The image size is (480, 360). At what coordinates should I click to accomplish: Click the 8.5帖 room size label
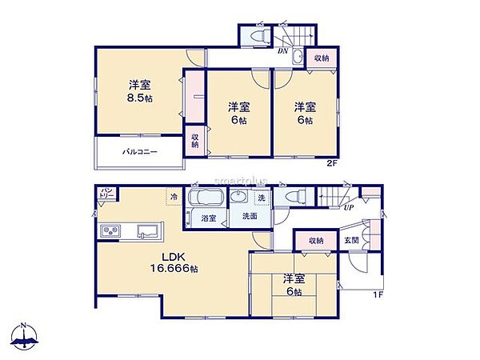[x=142, y=98]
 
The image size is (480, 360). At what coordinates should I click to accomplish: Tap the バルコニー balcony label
[x=139, y=151]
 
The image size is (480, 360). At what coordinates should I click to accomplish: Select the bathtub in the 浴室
[x=207, y=198]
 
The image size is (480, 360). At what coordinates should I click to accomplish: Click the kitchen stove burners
[x=110, y=232]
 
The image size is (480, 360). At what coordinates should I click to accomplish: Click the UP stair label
[x=348, y=208]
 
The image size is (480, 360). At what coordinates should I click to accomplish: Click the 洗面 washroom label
[x=250, y=217]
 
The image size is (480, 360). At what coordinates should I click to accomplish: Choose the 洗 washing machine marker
[x=261, y=198]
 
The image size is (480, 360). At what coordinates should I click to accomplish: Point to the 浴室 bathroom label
[x=208, y=217]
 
